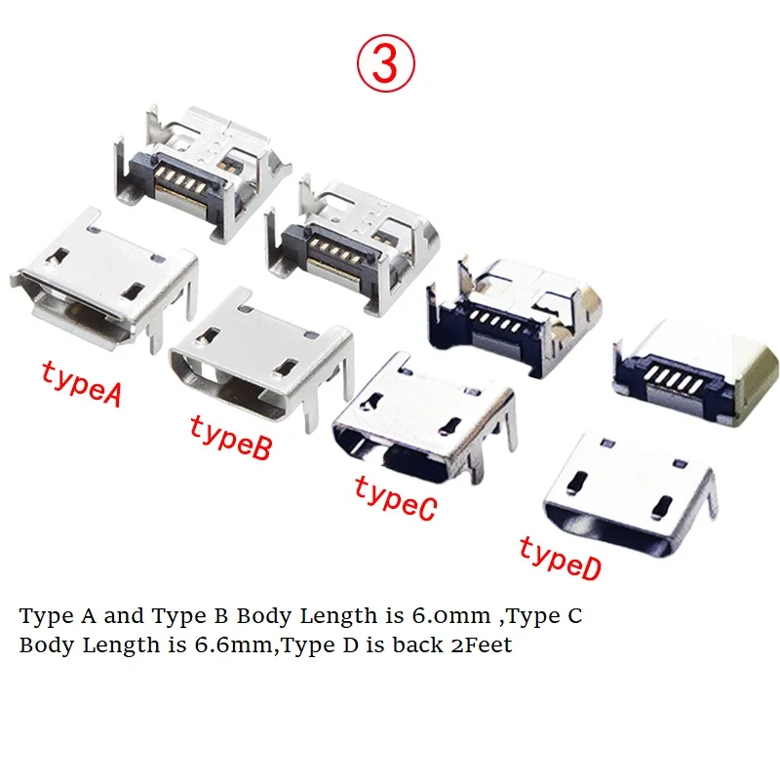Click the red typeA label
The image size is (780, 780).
point(81,380)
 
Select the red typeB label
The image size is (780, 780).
point(229,436)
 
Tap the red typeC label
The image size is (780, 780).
point(394,496)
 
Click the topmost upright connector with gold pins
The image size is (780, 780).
point(209,171)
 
